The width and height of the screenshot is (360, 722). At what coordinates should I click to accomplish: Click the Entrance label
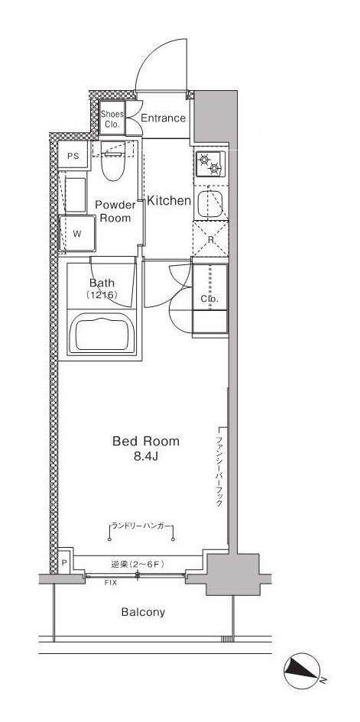[x=162, y=118]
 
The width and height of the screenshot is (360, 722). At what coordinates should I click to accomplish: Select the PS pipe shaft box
[x=73, y=156]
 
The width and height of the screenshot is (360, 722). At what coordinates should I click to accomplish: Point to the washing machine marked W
[x=77, y=234]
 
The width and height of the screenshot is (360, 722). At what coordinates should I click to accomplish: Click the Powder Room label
[x=115, y=211]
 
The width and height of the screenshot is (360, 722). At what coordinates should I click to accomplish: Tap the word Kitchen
[x=168, y=201]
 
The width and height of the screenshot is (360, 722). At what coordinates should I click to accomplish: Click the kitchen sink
[x=209, y=204]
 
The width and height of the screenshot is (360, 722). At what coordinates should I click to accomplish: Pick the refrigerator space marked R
[x=209, y=240]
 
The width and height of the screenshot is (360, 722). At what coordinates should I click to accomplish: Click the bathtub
[x=102, y=332]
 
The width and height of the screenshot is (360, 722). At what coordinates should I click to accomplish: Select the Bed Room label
[x=145, y=441]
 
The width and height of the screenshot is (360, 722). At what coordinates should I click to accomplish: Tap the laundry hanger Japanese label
[x=140, y=526]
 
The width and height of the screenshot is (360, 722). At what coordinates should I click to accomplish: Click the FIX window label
[x=111, y=582]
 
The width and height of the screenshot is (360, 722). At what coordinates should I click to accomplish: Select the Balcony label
[x=143, y=612]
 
